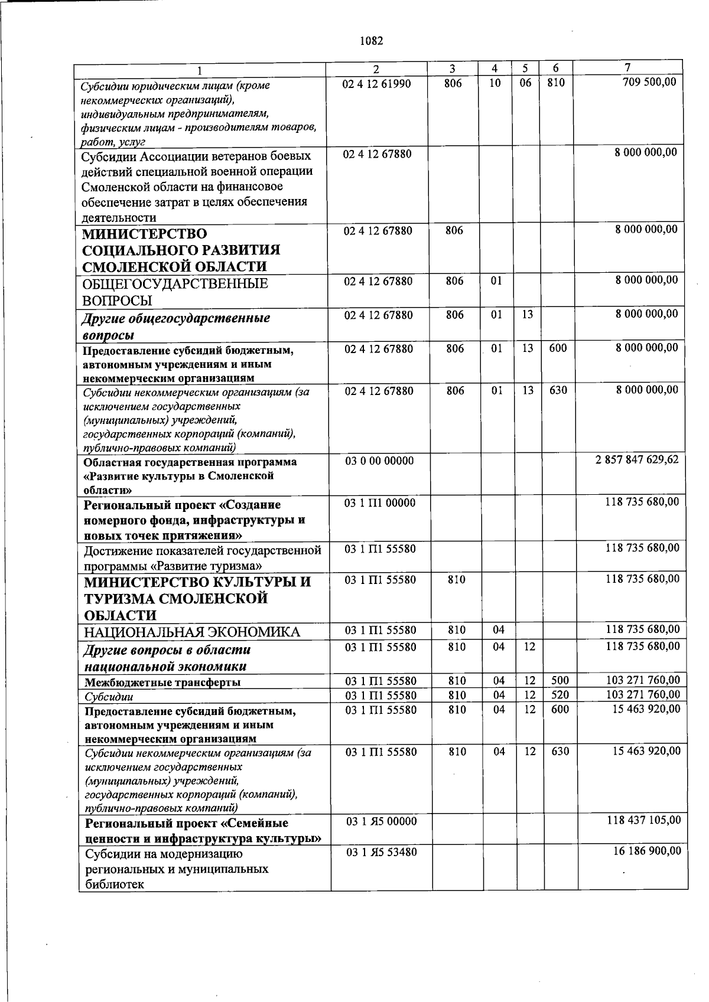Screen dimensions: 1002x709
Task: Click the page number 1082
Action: (x=371, y=41)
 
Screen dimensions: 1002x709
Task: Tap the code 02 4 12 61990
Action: (x=376, y=83)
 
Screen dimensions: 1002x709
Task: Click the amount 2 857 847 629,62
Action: (x=637, y=459)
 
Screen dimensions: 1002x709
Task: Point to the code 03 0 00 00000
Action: (x=379, y=461)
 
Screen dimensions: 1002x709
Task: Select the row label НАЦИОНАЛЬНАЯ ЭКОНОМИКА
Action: (x=192, y=632)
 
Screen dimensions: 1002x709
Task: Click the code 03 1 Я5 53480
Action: (x=381, y=852)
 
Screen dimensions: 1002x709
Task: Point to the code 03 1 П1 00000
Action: (x=380, y=502)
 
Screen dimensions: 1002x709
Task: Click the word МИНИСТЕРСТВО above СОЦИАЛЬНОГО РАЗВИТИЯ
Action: (x=145, y=234)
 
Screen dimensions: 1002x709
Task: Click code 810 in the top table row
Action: (x=555, y=83)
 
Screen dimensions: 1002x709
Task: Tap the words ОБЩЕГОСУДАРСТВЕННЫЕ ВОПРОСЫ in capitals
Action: (x=175, y=292)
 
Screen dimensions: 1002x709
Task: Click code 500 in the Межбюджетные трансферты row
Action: (x=559, y=681)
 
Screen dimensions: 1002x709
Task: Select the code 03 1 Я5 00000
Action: (x=381, y=821)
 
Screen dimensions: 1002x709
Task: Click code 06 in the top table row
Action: (x=525, y=83)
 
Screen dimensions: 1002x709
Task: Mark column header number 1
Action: (x=200, y=70)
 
